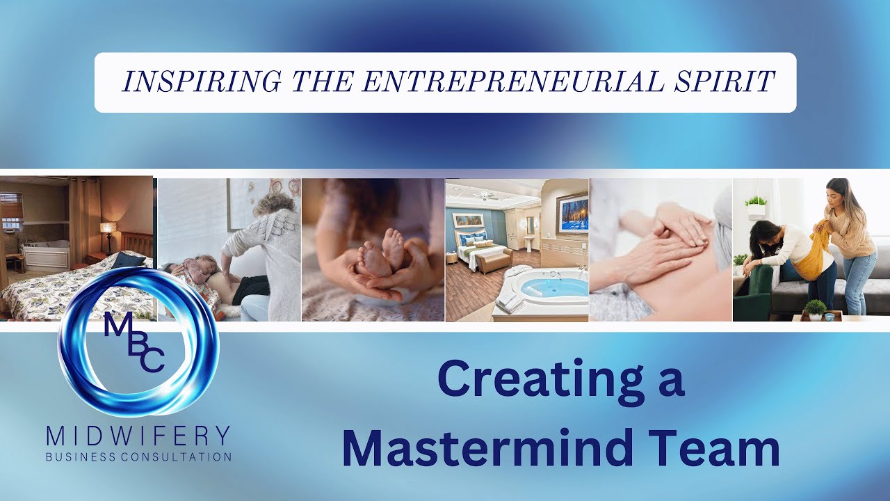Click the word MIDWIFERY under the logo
[x=138, y=437]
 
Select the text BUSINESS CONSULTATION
[x=138, y=457]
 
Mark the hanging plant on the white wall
[x=755, y=205]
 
